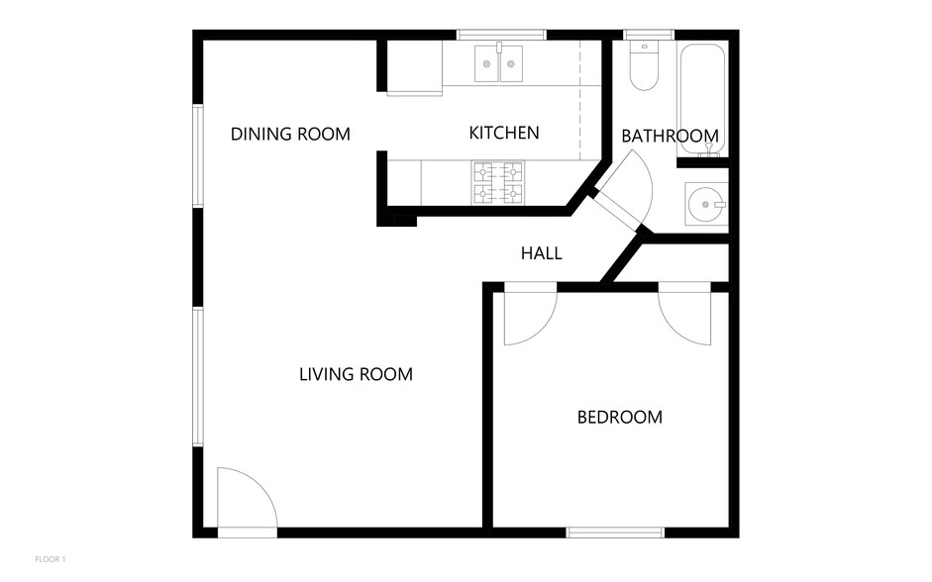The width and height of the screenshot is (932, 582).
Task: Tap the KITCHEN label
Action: [504, 133]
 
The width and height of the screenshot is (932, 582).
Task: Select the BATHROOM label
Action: [670, 137]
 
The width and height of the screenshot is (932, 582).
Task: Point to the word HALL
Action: [542, 253]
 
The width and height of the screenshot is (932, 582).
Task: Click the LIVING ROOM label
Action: [356, 374]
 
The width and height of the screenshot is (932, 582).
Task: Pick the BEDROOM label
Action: [620, 418]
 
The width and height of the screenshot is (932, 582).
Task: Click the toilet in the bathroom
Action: [644, 67]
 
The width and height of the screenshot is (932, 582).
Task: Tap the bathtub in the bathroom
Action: [702, 99]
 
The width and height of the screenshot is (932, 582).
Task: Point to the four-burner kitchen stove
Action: [497, 182]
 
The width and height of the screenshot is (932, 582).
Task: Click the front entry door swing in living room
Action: [246, 501]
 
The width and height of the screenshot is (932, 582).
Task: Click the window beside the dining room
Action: [198, 156]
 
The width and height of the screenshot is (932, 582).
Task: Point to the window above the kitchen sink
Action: [501, 35]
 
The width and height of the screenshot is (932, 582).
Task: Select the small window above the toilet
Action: [649, 35]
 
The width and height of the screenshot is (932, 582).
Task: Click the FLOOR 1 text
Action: [51, 559]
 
